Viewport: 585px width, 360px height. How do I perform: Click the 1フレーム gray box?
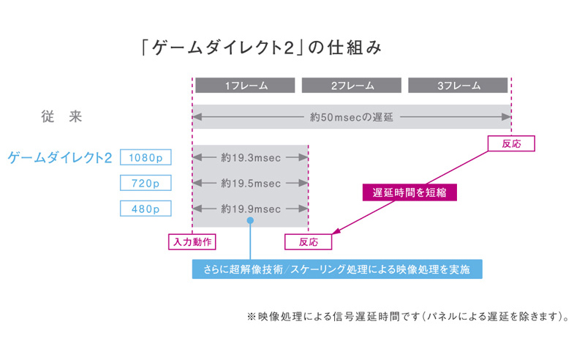[245, 86]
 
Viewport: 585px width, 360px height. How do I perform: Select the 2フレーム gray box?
[352, 86]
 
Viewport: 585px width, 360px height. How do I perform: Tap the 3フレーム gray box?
[458, 86]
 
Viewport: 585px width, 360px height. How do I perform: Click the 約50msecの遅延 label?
[352, 116]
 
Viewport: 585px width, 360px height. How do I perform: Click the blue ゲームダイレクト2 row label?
[60, 157]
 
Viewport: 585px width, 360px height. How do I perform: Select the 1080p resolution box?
[146, 157]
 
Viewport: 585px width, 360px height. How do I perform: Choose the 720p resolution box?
[146, 183]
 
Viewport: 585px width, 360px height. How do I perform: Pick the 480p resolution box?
[146, 209]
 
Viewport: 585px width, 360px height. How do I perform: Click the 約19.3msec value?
[250, 157]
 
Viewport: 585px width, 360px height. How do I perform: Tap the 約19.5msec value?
[250, 183]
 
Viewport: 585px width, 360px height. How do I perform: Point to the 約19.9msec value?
[250, 209]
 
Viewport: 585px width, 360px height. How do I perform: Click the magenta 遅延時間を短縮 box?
[404, 192]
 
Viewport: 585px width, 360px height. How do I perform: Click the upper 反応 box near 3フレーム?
[511, 143]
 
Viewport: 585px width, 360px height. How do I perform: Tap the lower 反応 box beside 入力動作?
[308, 241]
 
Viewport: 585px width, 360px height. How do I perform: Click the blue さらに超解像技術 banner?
[337, 270]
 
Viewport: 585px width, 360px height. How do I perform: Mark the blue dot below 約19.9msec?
[250, 220]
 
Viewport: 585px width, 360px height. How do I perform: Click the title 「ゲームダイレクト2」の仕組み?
[261, 48]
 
